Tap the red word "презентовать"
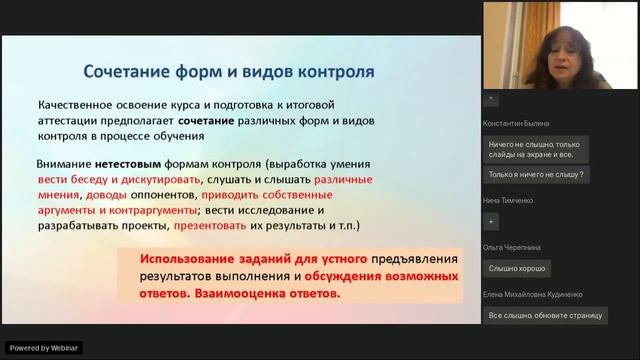point(215,225)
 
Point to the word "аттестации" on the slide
point(75,119)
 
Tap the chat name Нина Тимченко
point(508,200)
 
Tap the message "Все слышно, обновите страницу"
point(546,315)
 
